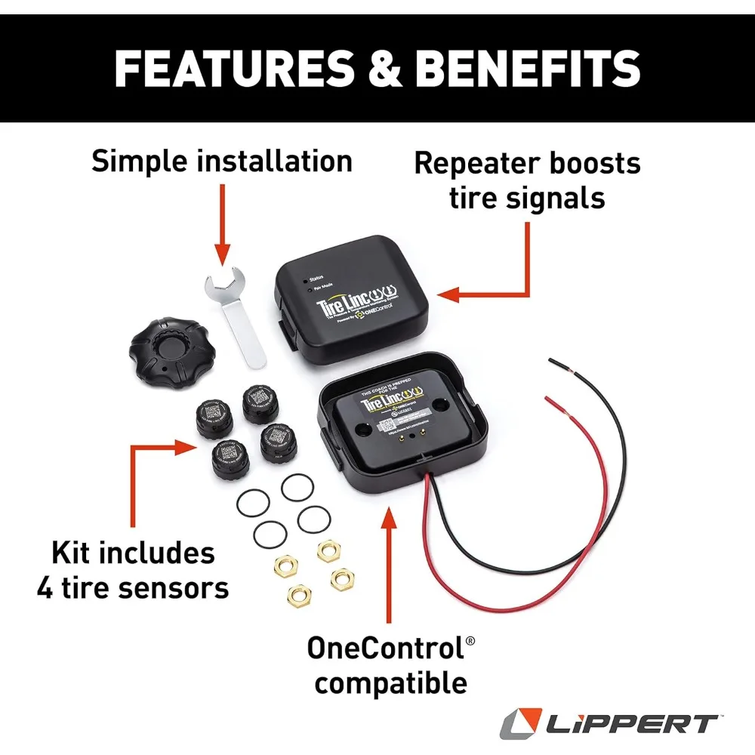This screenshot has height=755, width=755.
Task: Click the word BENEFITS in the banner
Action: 528,68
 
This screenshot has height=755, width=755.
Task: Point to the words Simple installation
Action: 222,161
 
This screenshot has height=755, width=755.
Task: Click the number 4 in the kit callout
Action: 45,588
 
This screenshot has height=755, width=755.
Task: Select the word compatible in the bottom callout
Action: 390,684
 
